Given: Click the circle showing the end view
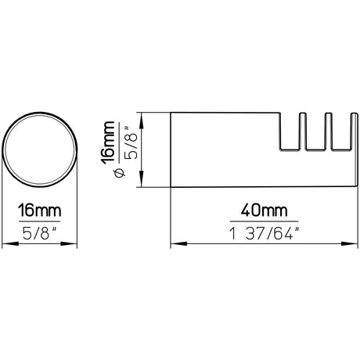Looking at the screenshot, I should [42, 150].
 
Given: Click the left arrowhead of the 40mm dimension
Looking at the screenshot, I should [175, 243].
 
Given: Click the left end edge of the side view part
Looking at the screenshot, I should [171, 150].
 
